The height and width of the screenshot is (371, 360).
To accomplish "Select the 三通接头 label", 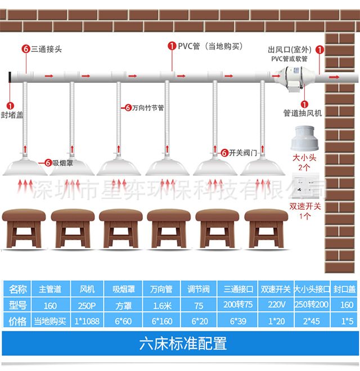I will [x=47, y=49].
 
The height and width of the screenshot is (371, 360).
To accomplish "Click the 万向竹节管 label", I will [x=148, y=107].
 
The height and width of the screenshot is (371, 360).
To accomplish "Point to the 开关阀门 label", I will [x=244, y=152].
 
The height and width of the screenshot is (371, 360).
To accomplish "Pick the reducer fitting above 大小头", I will [x=304, y=140].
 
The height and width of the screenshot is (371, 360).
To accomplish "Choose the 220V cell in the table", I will [x=275, y=305].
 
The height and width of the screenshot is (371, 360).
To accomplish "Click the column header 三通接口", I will [x=238, y=289].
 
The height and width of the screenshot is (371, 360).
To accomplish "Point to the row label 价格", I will [x=18, y=321].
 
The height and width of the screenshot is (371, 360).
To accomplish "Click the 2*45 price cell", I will [x=312, y=321].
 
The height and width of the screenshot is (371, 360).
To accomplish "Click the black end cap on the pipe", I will [x=11, y=77].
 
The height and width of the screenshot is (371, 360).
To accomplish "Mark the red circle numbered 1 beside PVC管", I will [x=171, y=47].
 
